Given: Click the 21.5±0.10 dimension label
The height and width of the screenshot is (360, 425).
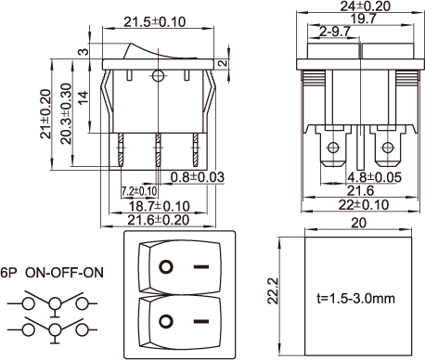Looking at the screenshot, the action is click(x=155, y=22).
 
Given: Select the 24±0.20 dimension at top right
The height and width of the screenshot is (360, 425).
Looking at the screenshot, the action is click(x=366, y=6).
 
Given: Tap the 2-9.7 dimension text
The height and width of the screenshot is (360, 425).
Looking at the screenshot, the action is click(x=335, y=32).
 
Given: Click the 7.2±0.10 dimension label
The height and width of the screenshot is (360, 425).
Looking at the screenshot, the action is click(x=139, y=191).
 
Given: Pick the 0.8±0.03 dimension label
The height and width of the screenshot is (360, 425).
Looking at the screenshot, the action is click(x=197, y=177).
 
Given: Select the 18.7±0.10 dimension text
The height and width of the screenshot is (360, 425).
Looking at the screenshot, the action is click(x=159, y=206).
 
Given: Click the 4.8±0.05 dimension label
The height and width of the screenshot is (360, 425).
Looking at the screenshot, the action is click(x=374, y=177).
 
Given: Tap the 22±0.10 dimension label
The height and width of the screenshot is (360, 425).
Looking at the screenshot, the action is click(x=364, y=205).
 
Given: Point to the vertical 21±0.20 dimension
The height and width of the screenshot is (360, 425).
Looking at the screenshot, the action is click(x=45, y=114).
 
